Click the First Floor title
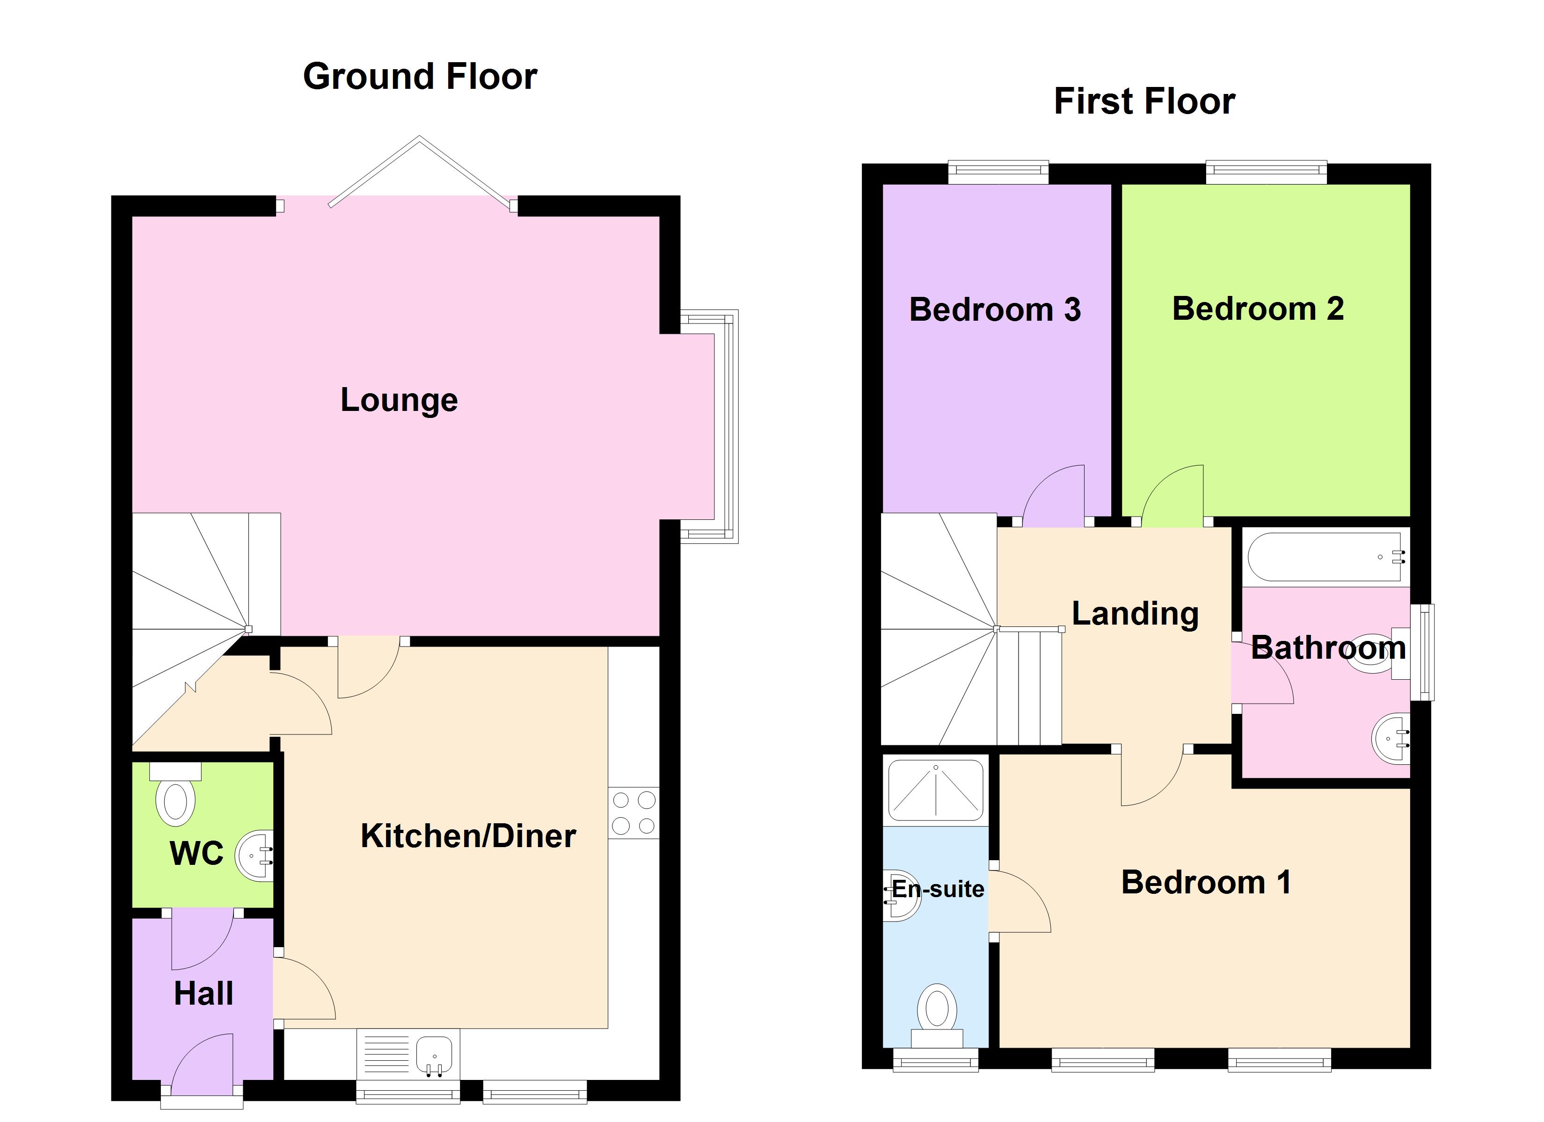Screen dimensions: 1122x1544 [1144, 101]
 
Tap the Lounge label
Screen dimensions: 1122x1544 [399, 400]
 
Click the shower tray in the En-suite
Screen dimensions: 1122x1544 [936, 791]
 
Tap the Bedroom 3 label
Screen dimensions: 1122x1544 [995, 310]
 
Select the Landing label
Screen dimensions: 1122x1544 [1135, 614]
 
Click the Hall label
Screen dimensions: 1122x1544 [204, 994]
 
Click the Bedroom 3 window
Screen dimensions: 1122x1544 [998, 173]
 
